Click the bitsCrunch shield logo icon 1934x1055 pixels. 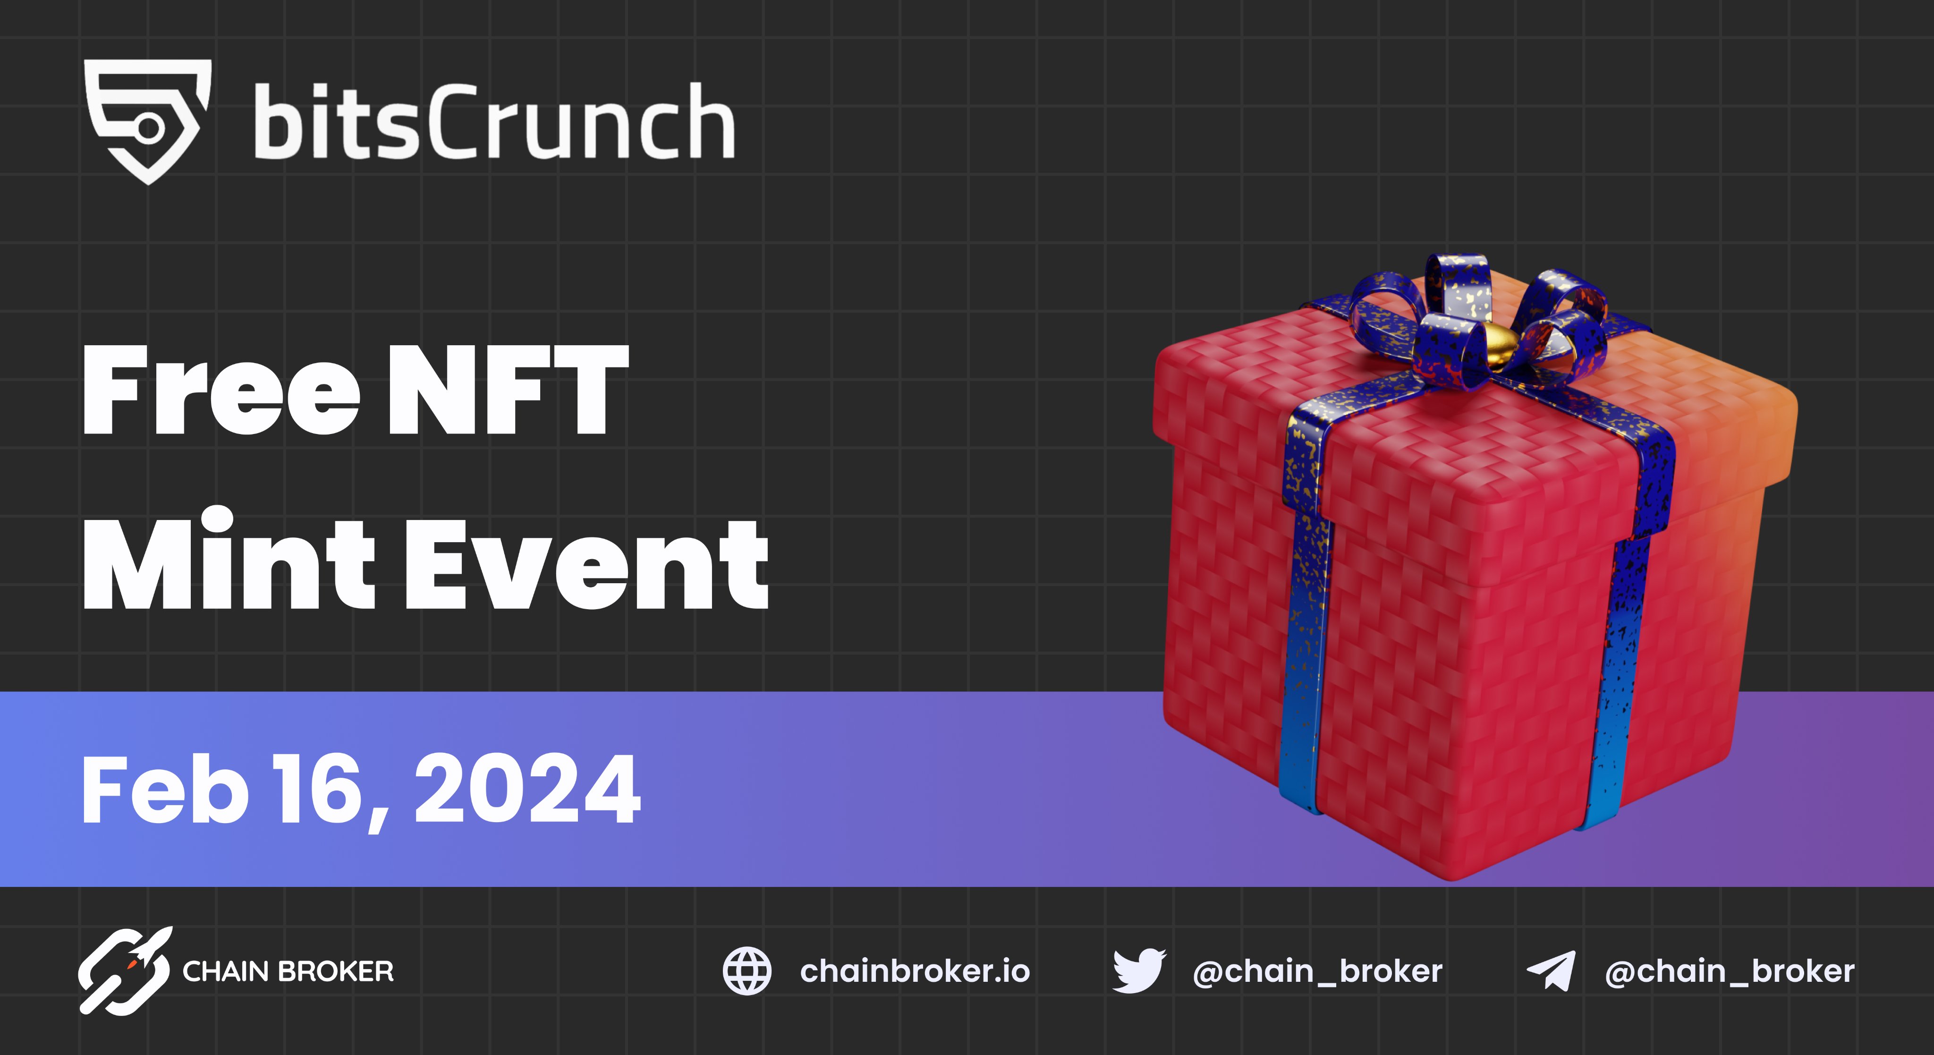148,120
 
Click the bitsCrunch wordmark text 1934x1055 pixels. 493,122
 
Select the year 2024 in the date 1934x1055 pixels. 527,790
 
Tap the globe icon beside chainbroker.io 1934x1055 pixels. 746,971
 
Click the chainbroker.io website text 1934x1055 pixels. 915,972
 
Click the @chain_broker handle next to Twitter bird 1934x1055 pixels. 1318,972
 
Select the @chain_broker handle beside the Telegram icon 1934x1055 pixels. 1729,972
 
